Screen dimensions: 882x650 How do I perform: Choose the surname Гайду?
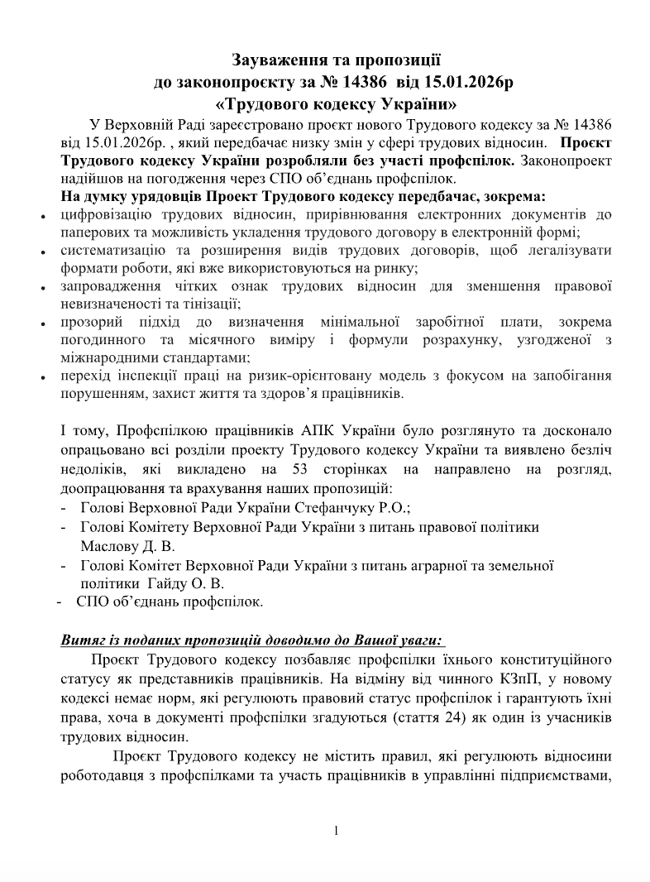(x=163, y=583)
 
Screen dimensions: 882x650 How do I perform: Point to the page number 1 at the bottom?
(x=337, y=830)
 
